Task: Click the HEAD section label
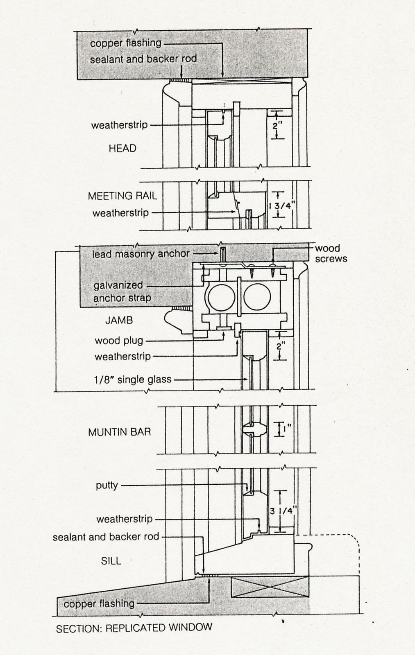click(122, 148)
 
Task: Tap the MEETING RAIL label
click(122, 196)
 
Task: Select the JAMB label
click(119, 320)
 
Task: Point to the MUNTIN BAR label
click(119, 432)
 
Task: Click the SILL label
click(111, 561)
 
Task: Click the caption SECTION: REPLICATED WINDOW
click(134, 628)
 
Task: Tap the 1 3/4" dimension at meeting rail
click(283, 206)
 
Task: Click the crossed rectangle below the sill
click(270, 587)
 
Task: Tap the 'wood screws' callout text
click(331, 253)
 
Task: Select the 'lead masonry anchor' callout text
click(141, 254)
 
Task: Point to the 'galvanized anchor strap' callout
click(122, 291)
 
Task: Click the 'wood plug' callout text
click(119, 341)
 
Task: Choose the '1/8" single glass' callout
click(133, 379)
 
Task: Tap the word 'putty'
click(107, 486)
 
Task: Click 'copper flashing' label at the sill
click(99, 603)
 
